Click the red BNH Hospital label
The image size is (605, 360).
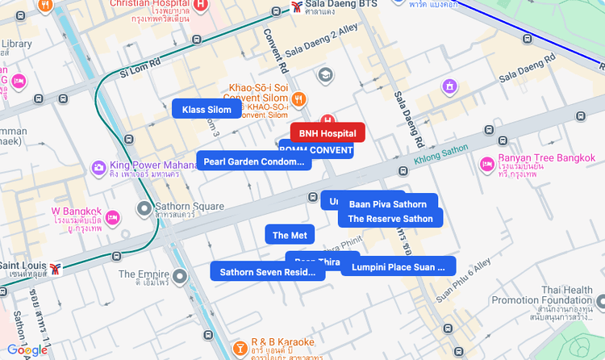pyautogui.click(x=327, y=132)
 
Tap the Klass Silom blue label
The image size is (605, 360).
pyautogui.click(x=207, y=110)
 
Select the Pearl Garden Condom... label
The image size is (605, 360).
pyautogui.click(x=254, y=161)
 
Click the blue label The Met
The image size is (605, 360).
pyautogui.click(x=290, y=235)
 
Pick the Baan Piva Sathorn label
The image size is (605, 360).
pyautogui.click(x=387, y=203)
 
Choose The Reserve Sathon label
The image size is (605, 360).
pyautogui.click(x=390, y=218)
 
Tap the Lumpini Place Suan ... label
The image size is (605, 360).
pyautogui.click(x=398, y=266)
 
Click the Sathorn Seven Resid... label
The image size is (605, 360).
pyautogui.click(x=267, y=272)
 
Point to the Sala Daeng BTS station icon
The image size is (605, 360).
pyautogui.click(x=298, y=9)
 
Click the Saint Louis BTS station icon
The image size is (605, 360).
pyautogui.click(x=55, y=267)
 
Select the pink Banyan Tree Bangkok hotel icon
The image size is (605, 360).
pyautogui.click(x=486, y=164)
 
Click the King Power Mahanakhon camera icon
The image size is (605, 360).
pyautogui.click(x=98, y=167)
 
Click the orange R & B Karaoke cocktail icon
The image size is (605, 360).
pyautogui.click(x=240, y=348)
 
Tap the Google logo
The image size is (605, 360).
pyautogui.click(x=27, y=350)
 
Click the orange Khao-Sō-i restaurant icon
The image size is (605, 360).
pyautogui.click(x=299, y=99)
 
